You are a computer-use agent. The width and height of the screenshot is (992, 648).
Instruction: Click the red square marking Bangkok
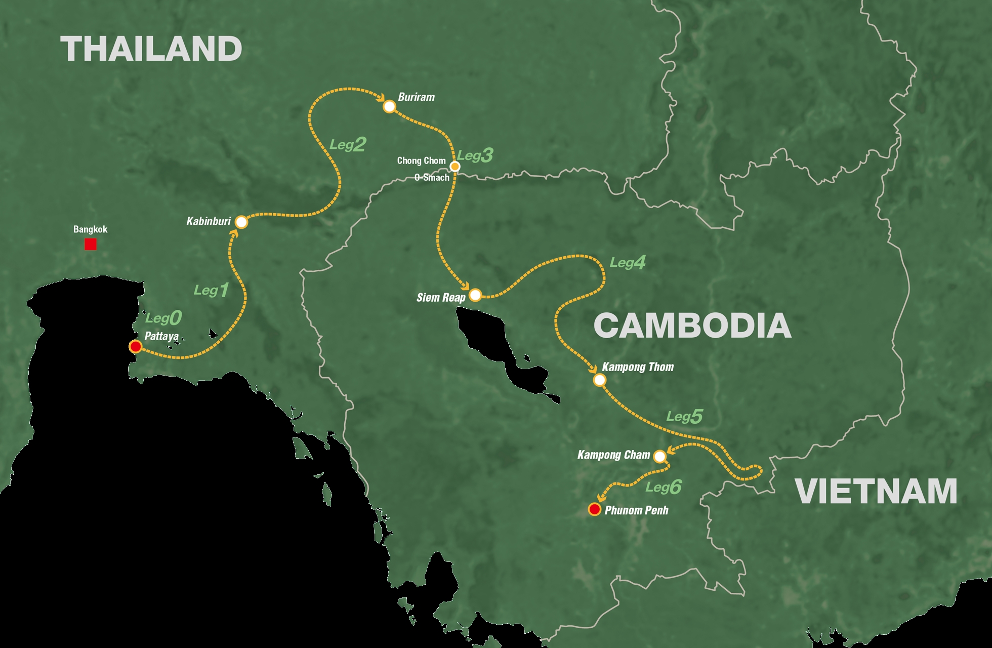pyautogui.click(x=91, y=245)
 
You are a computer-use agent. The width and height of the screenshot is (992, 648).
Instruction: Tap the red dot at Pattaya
pyautogui.click(x=135, y=347)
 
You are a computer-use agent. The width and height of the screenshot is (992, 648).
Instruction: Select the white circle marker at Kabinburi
pyautogui.click(x=241, y=222)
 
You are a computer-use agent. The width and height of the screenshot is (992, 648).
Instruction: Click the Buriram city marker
pyautogui.click(x=389, y=106)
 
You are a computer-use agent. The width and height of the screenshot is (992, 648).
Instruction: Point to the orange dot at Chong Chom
pyautogui.click(x=455, y=166)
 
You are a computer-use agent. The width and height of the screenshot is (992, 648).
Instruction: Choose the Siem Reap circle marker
pyautogui.click(x=475, y=295)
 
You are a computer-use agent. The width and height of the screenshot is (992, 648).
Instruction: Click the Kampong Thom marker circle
pyautogui.click(x=599, y=380)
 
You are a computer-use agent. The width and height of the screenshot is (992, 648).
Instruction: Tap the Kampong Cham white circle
pyautogui.click(x=659, y=456)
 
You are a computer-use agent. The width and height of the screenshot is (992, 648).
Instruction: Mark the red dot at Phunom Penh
pyautogui.click(x=595, y=509)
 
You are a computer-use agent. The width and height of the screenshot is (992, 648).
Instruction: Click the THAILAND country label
pyautogui.click(x=151, y=49)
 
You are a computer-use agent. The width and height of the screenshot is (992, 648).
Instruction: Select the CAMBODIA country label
pyautogui.click(x=692, y=326)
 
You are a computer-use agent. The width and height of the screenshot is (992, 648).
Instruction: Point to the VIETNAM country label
pyautogui.click(x=876, y=491)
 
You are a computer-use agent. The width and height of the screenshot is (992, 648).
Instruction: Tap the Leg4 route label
pyautogui.click(x=628, y=262)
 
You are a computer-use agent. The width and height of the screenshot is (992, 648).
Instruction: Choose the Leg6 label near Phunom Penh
pyautogui.click(x=663, y=487)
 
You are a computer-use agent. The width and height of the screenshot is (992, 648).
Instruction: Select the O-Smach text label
pyautogui.click(x=432, y=178)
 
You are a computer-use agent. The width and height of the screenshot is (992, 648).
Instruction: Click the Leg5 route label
pyautogui.click(x=684, y=417)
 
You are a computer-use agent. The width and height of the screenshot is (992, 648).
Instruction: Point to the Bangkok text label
pyautogui.click(x=90, y=229)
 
